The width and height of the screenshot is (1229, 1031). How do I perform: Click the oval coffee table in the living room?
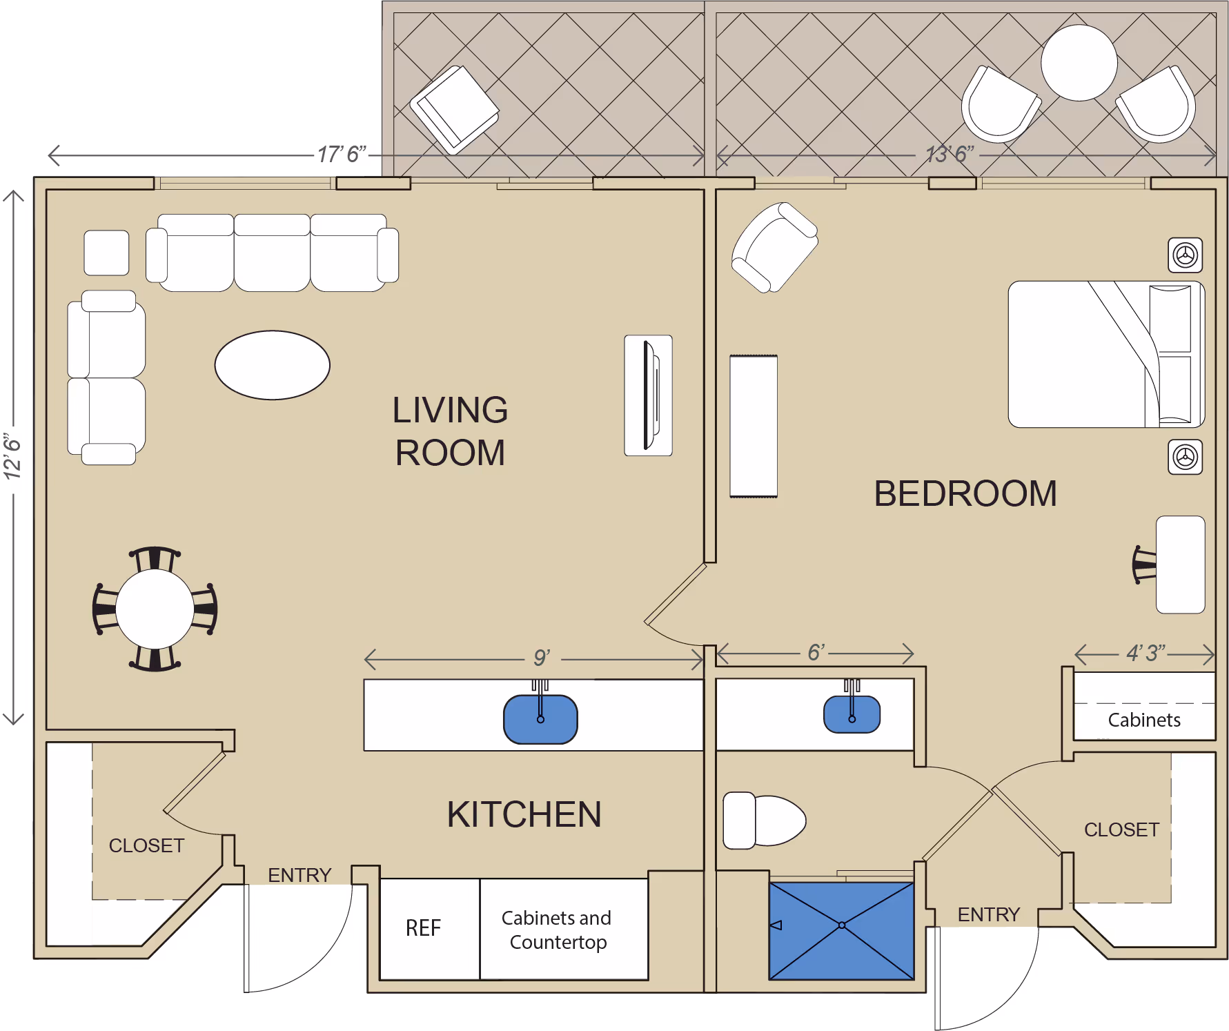[x=272, y=365]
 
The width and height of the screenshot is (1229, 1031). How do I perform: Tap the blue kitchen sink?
[x=540, y=719]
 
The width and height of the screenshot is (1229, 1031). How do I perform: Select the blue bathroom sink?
[x=852, y=714]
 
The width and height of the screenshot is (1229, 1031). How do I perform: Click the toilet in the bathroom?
[x=764, y=821]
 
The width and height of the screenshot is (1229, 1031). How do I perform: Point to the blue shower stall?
[x=841, y=931]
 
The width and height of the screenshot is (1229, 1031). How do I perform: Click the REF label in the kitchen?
[x=423, y=928]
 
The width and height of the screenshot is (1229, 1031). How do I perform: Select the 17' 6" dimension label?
[x=342, y=154]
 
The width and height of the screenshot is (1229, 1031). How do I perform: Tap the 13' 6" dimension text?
[x=950, y=154]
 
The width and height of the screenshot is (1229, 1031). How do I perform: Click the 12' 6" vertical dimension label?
[x=13, y=456]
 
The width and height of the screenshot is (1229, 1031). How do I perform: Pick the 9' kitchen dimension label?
[x=542, y=658]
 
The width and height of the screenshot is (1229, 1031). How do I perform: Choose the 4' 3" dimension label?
[x=1146, y=653]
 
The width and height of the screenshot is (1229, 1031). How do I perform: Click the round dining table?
[x=155, y=609]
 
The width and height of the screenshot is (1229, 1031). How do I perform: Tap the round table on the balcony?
[x=1079, y=63]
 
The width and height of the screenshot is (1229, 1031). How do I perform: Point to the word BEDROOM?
[x=965, y=494]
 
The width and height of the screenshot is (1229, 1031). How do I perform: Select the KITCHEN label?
[x=524, y=814]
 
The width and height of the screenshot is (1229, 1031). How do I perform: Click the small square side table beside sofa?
[x=106, y=253]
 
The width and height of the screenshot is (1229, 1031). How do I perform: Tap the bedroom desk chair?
[x=1145, y=564]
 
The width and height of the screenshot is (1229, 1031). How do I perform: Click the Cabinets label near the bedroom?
[x=1144, y=720]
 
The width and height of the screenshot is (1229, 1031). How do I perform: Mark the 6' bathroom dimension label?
[x=816, y=652]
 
